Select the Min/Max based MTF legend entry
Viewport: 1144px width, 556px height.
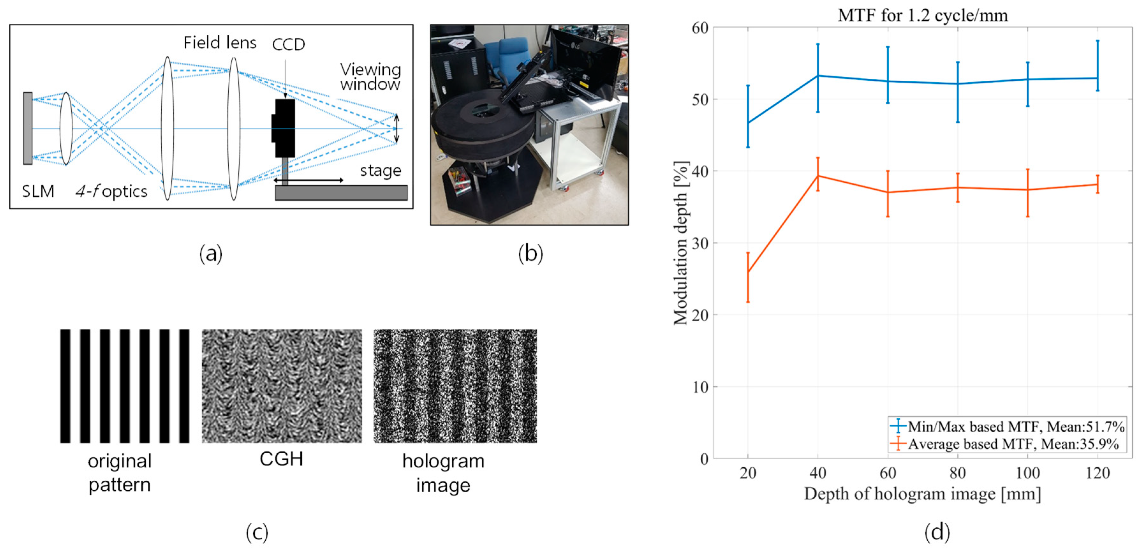tap(1007, 427)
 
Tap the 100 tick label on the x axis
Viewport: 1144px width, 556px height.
tap(1028, 473)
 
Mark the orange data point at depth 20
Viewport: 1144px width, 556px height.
tap(748, 272)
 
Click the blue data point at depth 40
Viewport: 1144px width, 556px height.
tap(818, 76)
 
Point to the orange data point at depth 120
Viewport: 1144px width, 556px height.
tap(1097, 184)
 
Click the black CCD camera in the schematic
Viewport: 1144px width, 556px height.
tap(284, 128)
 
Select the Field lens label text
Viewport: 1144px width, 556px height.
tap(220, 43)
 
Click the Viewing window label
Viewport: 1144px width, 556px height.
tap(370, 77)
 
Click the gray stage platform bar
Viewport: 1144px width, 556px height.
tap(341, 193)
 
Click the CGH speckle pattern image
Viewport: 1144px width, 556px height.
tap(282, 385)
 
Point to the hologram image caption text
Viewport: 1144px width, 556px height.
tap(443, 473)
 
